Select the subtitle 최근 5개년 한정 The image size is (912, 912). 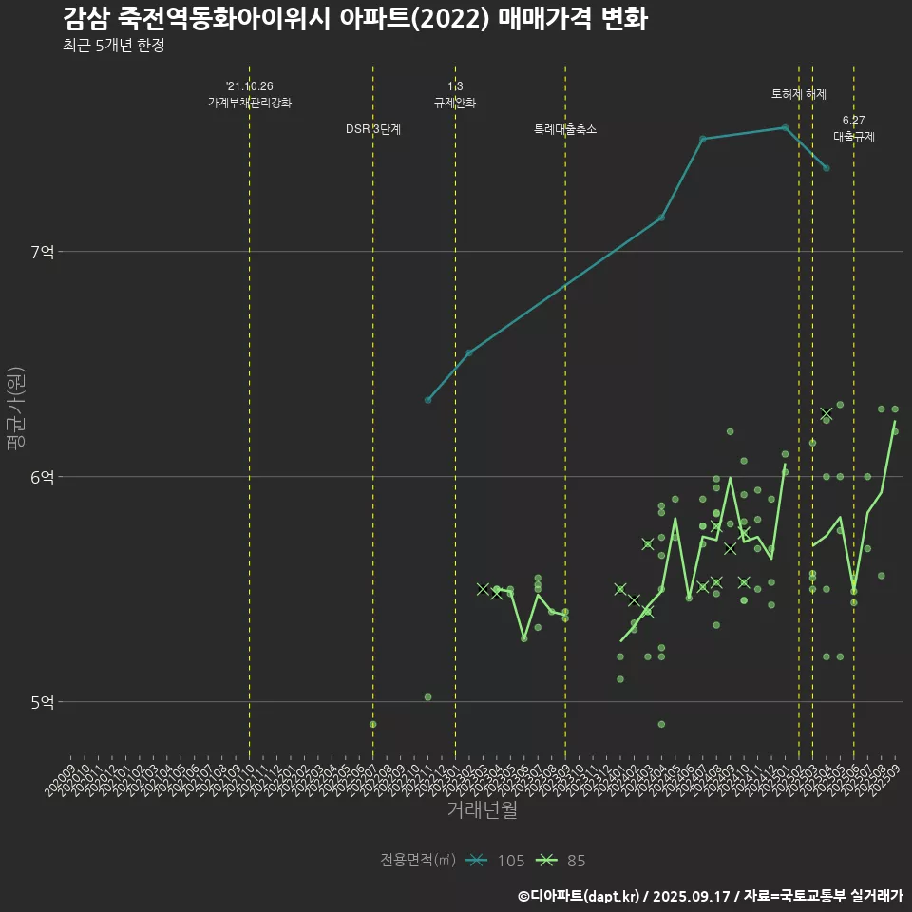[x=114, y=46]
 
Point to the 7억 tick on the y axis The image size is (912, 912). [x=43, y=252]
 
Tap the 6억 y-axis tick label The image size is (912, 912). [x=43, y=477]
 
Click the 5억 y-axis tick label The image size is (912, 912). [x=43, y=702]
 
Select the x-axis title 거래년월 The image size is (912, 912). [x=483, y=810]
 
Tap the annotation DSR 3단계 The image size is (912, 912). [x=373, y=129]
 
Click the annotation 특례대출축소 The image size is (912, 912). [x=565, y=129]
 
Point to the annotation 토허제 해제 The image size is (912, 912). [x=799, y=94]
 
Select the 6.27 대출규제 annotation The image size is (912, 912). [x=854, y=129]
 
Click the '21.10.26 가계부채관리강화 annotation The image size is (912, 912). [x=250, y=94]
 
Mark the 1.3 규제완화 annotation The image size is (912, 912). [x=455, y=94]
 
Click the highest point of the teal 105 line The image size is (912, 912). [x=785, y=127]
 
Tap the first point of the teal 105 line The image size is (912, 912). [x=428, y=400]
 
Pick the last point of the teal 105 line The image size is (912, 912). [x=826, y=168]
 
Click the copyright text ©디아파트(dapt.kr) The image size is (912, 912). [x=579, y=896]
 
